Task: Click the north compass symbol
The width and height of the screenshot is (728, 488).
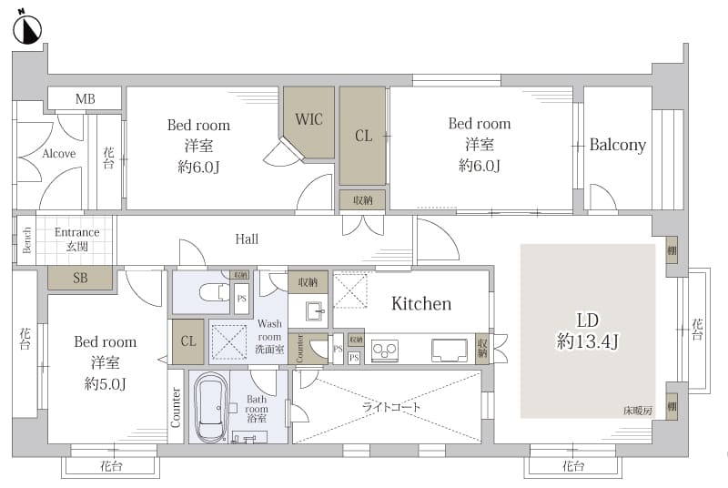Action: pyautogui.click(x=27, y=30)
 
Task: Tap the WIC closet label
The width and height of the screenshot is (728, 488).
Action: pyautogui.click(x=308, y=119)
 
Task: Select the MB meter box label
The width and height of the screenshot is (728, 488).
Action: pyautogui.click(x=86, y=99)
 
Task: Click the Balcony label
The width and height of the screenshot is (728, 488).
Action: pyautogui.click(x=618, y=145)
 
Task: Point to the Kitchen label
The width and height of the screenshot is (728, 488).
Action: pyautogui.click(x=421, y=304)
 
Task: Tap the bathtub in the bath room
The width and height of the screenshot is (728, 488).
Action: pyautogui.click(x=210, y=407)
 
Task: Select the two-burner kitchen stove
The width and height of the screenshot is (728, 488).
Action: pyautogui.click(x=384, y=351)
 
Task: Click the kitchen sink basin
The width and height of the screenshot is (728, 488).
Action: pyautogui.click(x=449, y=351)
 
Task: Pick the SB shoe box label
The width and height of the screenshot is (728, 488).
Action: pyautogui.click(x=80, y=278)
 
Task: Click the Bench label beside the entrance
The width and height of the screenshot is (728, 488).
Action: pyautogui.click(x=27, y=239)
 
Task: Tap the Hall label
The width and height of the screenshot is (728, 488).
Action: pyautogui.click(x=247, y=239)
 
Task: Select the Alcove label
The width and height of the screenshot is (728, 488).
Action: pyautogui.click(x=58, y=153)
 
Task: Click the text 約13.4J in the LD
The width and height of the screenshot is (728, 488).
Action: pyautogui.click(x=587, y=341)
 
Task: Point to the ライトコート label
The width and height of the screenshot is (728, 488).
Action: pyautogui.click(x=391, y=407)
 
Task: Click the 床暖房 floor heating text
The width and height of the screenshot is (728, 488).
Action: pyautogui.click(x=638, y=411)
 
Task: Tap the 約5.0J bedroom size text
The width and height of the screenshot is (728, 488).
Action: pyautogui.click(x=106, y=383)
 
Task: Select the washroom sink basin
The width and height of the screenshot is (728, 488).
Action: pyautogui.click(x=316, y=310)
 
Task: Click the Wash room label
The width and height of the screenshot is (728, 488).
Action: pyautogui.click(x=269, y=330)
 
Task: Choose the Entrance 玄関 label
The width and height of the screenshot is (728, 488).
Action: pyautogui.click(x=76, y=239)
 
